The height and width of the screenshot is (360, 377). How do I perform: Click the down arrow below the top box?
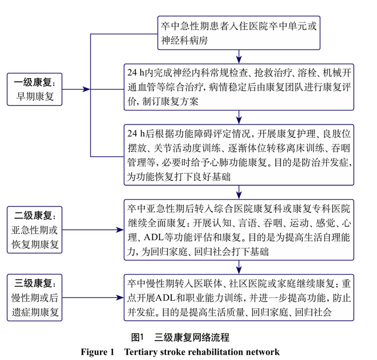click(x=239, y=57)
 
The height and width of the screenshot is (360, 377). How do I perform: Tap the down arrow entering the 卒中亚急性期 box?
click(x=239, y=192)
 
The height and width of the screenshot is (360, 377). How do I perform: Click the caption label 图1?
click(x=138, y=337)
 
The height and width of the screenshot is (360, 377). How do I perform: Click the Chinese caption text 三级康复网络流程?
click(x=192, y=337)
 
